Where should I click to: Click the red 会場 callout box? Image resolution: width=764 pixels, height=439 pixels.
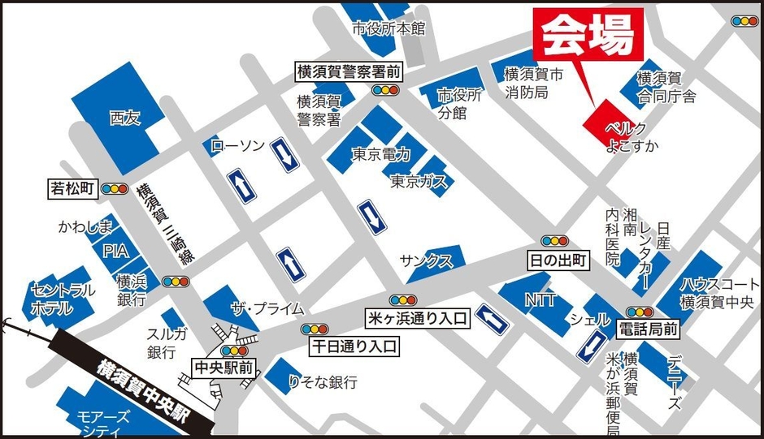587,35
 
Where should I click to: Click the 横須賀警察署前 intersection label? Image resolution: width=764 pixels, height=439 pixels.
349,72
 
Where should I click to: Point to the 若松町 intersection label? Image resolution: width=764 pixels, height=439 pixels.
72,189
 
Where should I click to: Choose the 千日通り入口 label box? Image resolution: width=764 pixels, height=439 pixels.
356,346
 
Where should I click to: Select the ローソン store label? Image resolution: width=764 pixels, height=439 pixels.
237,146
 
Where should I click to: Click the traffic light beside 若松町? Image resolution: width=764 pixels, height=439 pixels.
113,189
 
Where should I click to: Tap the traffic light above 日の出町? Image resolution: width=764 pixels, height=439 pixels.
556,241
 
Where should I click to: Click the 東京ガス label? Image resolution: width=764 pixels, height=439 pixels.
418,182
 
